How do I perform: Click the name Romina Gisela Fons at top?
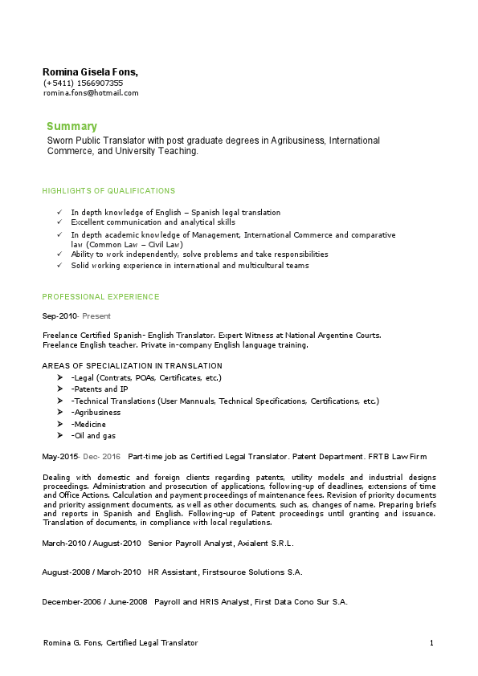point(90,72)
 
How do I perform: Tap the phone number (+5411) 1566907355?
point(84,83)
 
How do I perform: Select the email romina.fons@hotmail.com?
point(91,92)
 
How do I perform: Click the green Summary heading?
point(71,126)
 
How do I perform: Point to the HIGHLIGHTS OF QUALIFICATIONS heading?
point(108,191)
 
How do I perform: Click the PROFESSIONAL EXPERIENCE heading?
point(100,297)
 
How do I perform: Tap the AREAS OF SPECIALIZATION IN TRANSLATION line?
point(133,365)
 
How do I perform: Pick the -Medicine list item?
point(88,424)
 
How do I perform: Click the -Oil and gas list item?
point(93,435)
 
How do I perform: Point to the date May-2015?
point(60,456)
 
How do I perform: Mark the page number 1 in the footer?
point(431,643)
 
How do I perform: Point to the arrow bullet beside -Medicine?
point(60,424)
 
